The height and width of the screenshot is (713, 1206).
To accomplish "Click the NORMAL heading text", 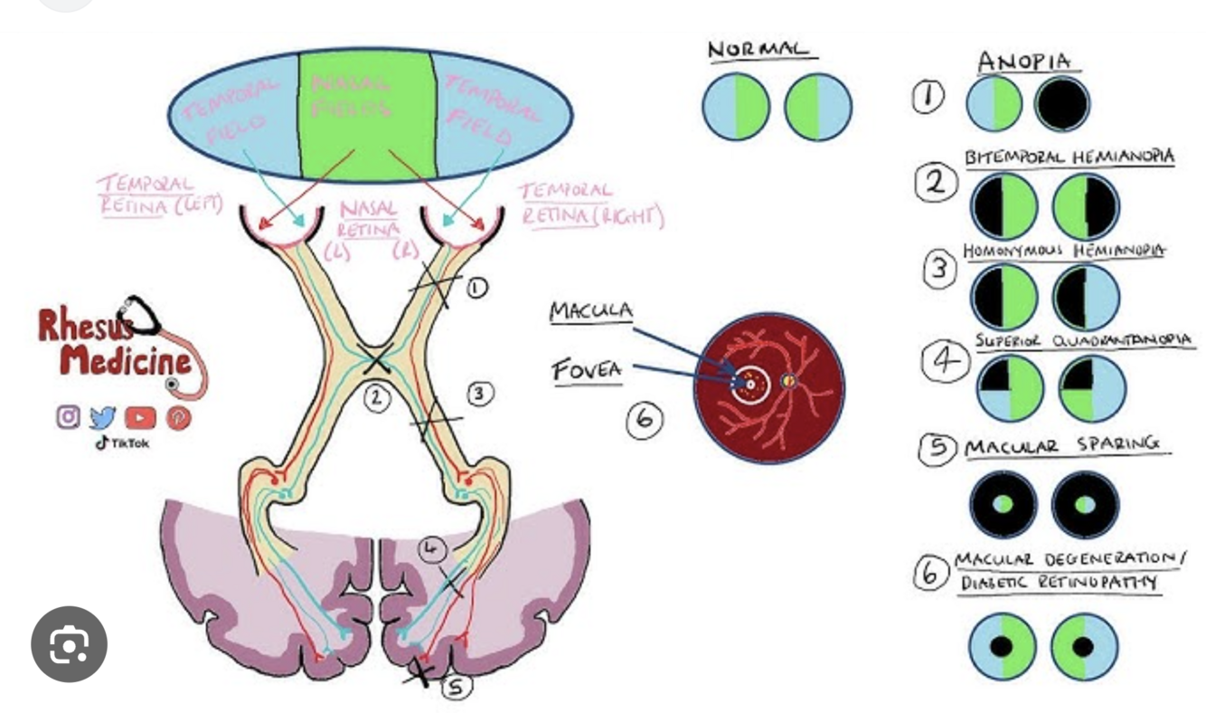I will point(758,50).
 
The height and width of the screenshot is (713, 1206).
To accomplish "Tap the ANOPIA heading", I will point(1024,62).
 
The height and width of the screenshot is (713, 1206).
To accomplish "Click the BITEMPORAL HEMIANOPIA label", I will point(1069,157).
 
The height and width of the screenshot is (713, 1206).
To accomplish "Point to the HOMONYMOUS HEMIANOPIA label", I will point(1063,251).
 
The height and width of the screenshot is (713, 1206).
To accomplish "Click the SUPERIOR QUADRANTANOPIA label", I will point(1083,340).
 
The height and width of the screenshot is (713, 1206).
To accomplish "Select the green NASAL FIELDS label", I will point(352,96).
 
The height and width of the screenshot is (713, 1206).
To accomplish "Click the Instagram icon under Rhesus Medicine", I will point(69,417).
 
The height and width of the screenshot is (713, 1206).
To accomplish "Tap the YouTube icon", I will point(140,418).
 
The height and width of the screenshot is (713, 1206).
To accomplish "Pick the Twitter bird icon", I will point(104,417).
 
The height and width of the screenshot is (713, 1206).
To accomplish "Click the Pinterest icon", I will point(178,418).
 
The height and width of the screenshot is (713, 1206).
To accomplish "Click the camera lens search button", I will point(69,644).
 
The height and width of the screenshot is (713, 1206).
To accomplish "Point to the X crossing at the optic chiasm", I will point(375,362).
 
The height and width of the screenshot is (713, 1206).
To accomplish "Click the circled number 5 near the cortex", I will point(457,688).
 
